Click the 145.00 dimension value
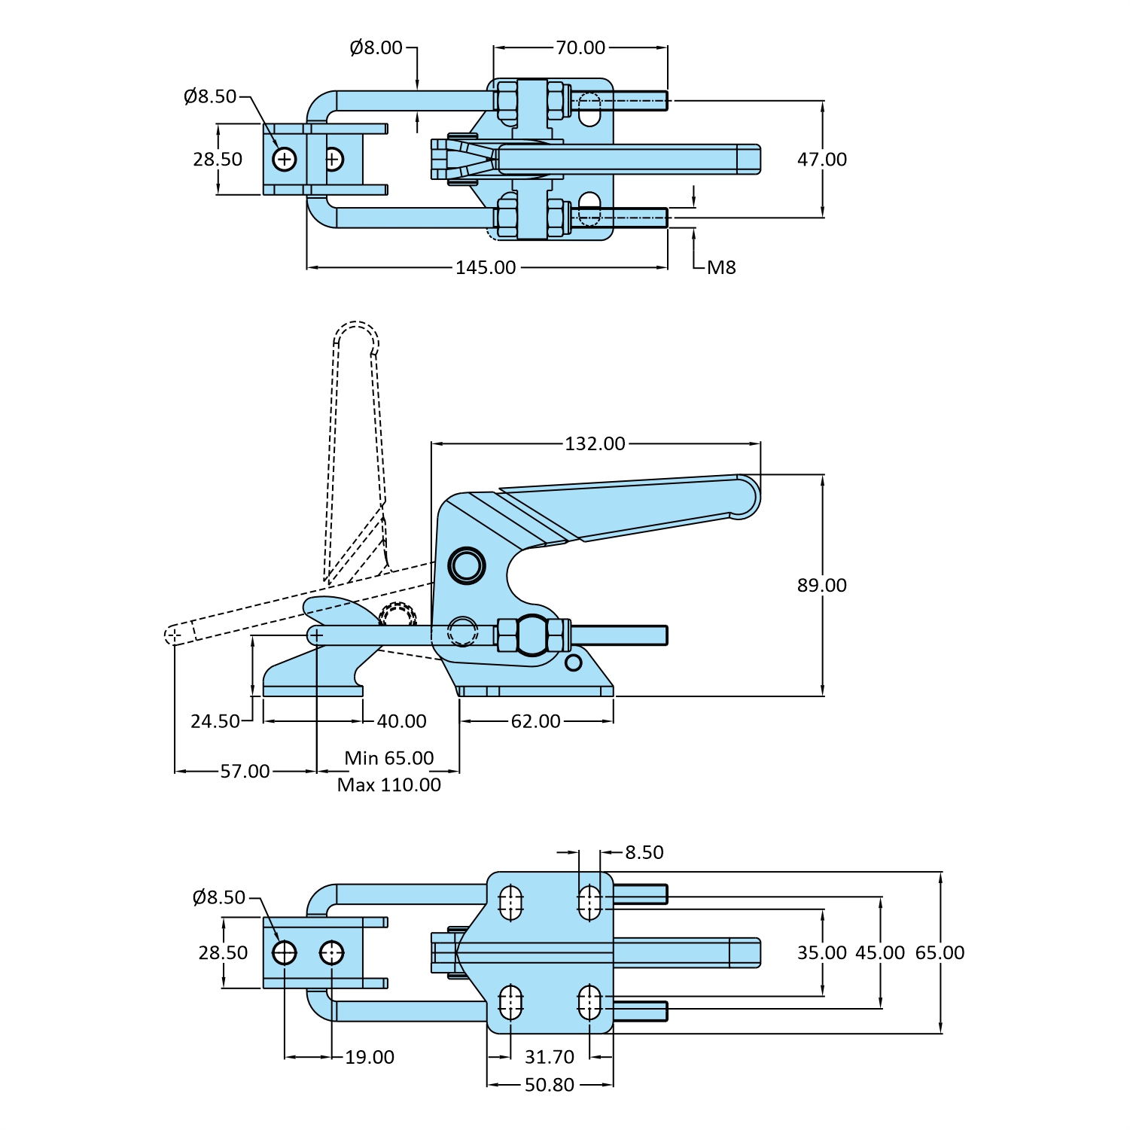click(486, 268)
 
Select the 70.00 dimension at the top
click(580, 48)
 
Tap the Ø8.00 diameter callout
click(376, 48)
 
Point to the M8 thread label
click(721, 268)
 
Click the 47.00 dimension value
click(821, 160)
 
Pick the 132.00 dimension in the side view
click(595, 444)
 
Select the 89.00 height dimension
click(821, 586)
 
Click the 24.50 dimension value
click(215, 722)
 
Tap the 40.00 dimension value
click(401, 722)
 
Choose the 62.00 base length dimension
click(535, 722)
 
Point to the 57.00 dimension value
click(245, 772)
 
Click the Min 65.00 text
click(389, 758)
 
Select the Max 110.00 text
click(389, 785)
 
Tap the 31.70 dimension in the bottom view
click(549, 1058)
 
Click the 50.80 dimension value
click(549, 1086)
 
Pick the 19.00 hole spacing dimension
click(370, 1058)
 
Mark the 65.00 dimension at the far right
click(940, 953)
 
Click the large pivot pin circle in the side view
click(466, 565)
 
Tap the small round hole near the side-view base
click(574, 662)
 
